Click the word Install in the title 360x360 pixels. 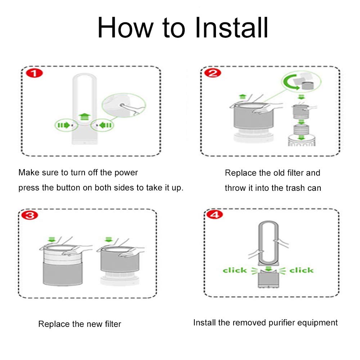[x=231, y=28]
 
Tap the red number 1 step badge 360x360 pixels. [x=35, y=73]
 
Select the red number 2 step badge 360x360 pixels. [x=213, y=73]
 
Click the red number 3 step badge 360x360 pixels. [x=30, y=215]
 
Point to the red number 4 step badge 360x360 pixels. [x=215, y=215]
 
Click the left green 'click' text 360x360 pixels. [x=235, y=270]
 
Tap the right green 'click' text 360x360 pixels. [x=301, y=270]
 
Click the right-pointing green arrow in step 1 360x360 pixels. [x=64, y=125]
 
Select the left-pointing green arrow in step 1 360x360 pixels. [x=105, y=125]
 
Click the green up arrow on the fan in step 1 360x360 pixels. [x=85, y=116]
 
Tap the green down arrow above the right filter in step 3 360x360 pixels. [x=108, y=239]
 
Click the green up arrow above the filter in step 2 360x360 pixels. [x=243, y=96]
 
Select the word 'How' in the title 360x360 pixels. [x=125, y=28]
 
